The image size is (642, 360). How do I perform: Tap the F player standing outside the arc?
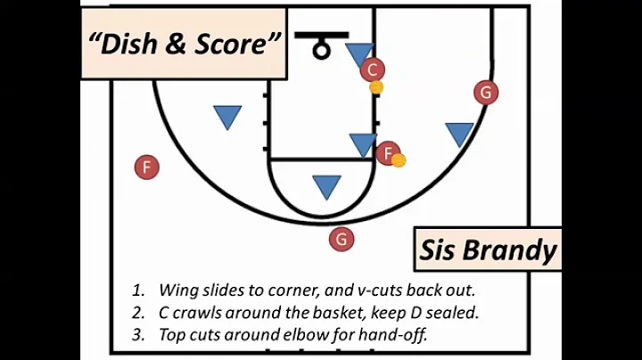click(x=146, y=167)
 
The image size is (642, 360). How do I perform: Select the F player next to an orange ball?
click(x=387, y=153)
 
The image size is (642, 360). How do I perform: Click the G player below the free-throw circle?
click(x=341, y=239)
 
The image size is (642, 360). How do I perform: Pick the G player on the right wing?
click(x=485, y=92)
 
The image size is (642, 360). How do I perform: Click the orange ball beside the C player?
click(x=376, y=87)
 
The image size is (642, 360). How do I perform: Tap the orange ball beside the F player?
click(x=399, y=160)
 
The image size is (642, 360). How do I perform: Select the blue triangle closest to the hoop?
click(x=359, y=53)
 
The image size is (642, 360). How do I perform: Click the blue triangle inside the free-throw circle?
click(x=326, y=185)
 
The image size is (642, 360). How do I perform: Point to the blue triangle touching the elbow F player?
click(x=363, y=143)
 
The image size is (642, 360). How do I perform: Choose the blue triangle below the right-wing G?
click(x=459, y=134)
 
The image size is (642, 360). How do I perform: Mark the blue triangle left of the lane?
click(x=227, y=116)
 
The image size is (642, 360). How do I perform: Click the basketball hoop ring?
click(x=321, y=50)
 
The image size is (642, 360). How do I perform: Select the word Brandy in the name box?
click(x=511, y=251)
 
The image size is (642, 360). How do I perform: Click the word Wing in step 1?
click(x=177, y=290)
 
